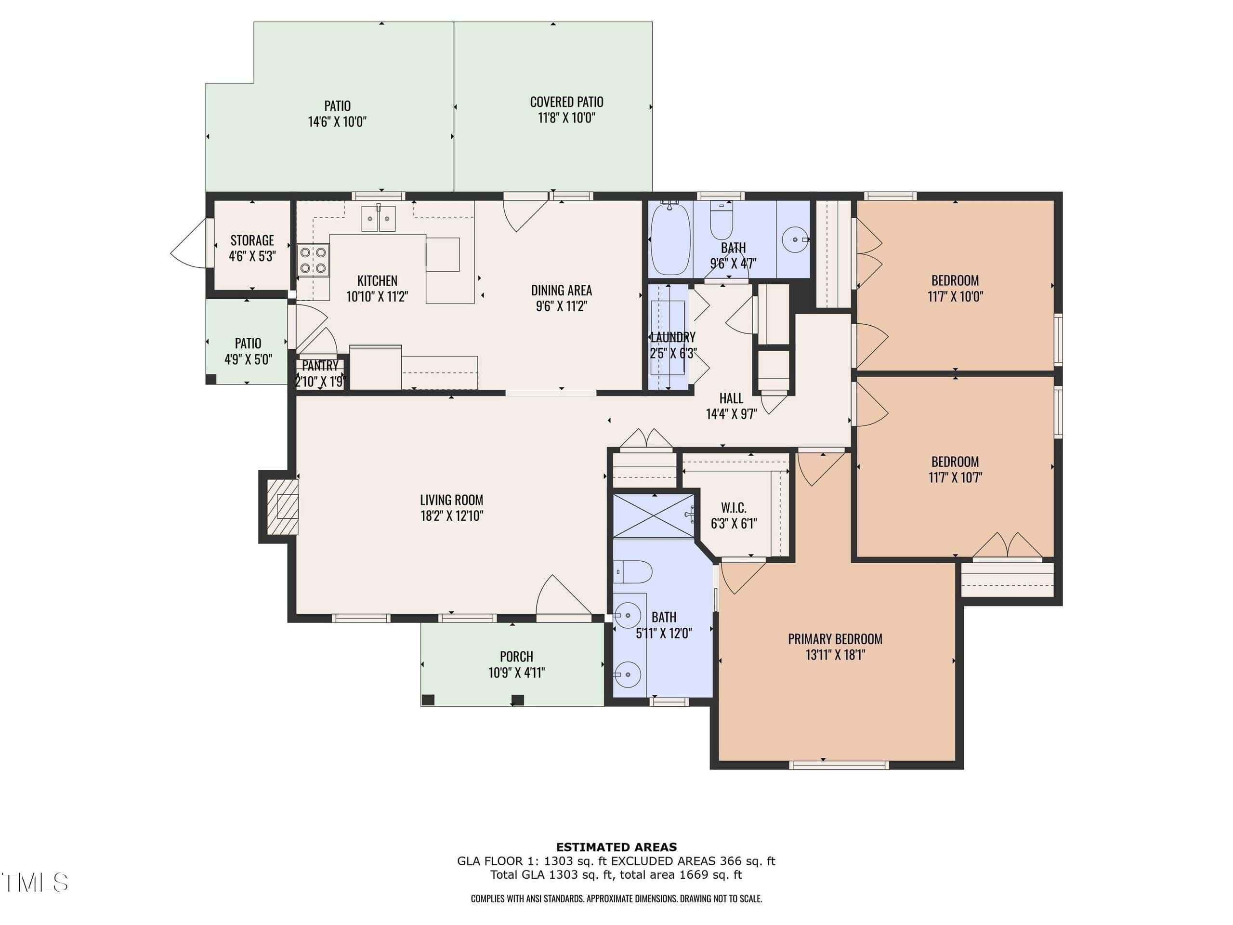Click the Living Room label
(x=451, y=500)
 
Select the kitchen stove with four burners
(x=313, y=260)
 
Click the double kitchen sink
(x=379, y=219)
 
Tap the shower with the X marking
(x=654, y=516)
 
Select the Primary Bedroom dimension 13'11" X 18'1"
(x=835, y=655)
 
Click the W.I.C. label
(x=734, y=508)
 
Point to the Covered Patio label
(x=566, y=102)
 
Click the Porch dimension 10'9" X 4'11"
(x=517, y=673)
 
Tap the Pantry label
(x=320, y=366)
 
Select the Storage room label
(x=252, y=240)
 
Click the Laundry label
(x=673, y=337)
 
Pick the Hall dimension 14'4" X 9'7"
(x=731, y=414)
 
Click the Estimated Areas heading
(x=616, y=847)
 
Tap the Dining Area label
(x=561, y=291)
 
